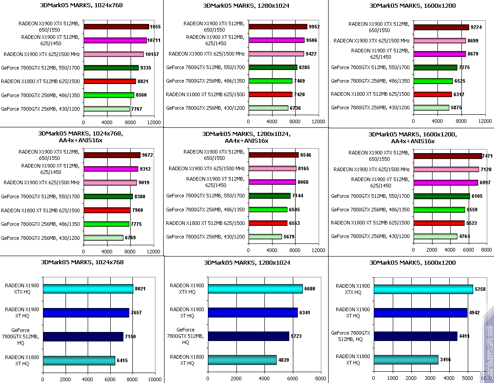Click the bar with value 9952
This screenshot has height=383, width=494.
(278, 27)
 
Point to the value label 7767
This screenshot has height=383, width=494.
(136, 109)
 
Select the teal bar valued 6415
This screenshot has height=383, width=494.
(79, 360)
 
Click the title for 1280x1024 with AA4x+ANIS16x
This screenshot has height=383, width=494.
(246, 137)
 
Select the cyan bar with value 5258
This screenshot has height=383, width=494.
(423, 289)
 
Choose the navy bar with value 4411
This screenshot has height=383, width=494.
(415, 336)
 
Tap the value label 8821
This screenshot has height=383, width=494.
(142, 82)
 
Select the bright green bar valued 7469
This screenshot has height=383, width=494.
(270, 81)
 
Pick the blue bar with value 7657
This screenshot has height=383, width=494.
(86, 313)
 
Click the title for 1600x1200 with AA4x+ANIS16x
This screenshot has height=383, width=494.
(413, 137)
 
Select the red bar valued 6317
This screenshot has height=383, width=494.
(433, 94)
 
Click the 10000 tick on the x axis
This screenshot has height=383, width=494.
(155, 379)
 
